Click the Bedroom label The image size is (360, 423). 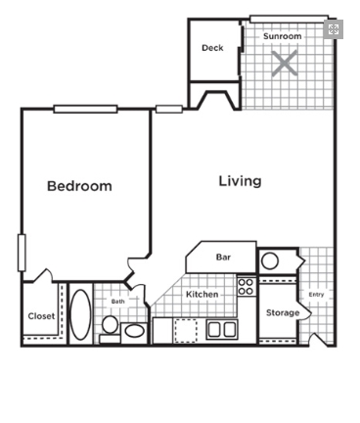(79, 186)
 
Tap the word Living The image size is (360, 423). (240, 181)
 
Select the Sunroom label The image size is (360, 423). (283, 36)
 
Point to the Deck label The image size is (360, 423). (212, 48)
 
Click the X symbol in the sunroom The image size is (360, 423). (285, 63)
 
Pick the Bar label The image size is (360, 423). (223, 258)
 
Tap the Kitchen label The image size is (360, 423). (202, 294)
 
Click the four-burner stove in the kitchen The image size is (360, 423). (246, 287)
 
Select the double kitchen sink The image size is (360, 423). (222, 329)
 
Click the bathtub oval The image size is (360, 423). (81, 314)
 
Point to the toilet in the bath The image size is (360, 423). (110, 329)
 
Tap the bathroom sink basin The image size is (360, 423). (134, 331)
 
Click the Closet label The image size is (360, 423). (41, 316)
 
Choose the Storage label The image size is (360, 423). (283, 312)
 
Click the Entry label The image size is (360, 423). (316, 295)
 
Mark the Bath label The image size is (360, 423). (117, 301)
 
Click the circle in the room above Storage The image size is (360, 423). (270, 260)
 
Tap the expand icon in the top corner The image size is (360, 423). (334, 29)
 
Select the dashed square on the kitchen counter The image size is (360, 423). (186, 331)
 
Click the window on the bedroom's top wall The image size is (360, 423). (85, 109)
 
